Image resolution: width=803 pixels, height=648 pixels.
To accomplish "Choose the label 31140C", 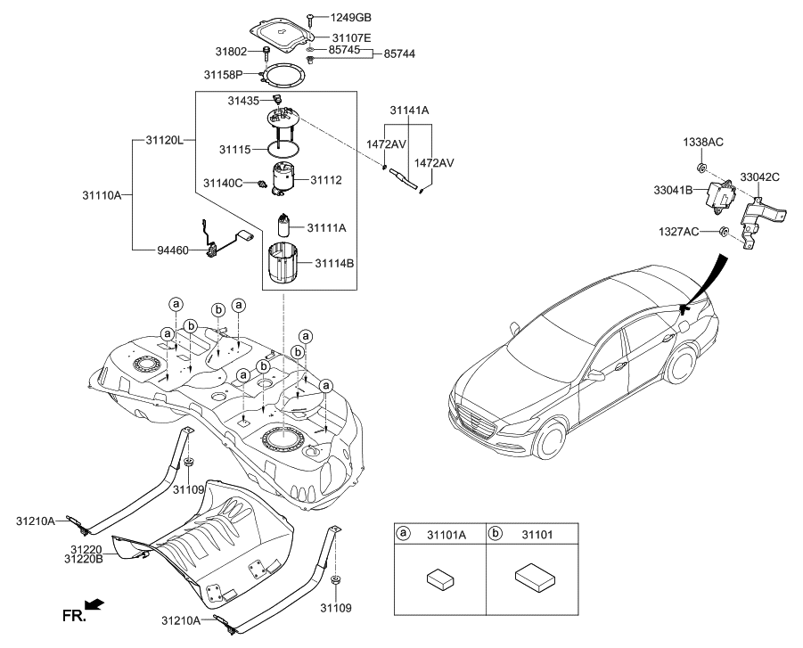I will (223, 183).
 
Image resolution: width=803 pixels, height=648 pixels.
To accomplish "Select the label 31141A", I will (409, 110).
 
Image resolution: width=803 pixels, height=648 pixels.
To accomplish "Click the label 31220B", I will (86, 559).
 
